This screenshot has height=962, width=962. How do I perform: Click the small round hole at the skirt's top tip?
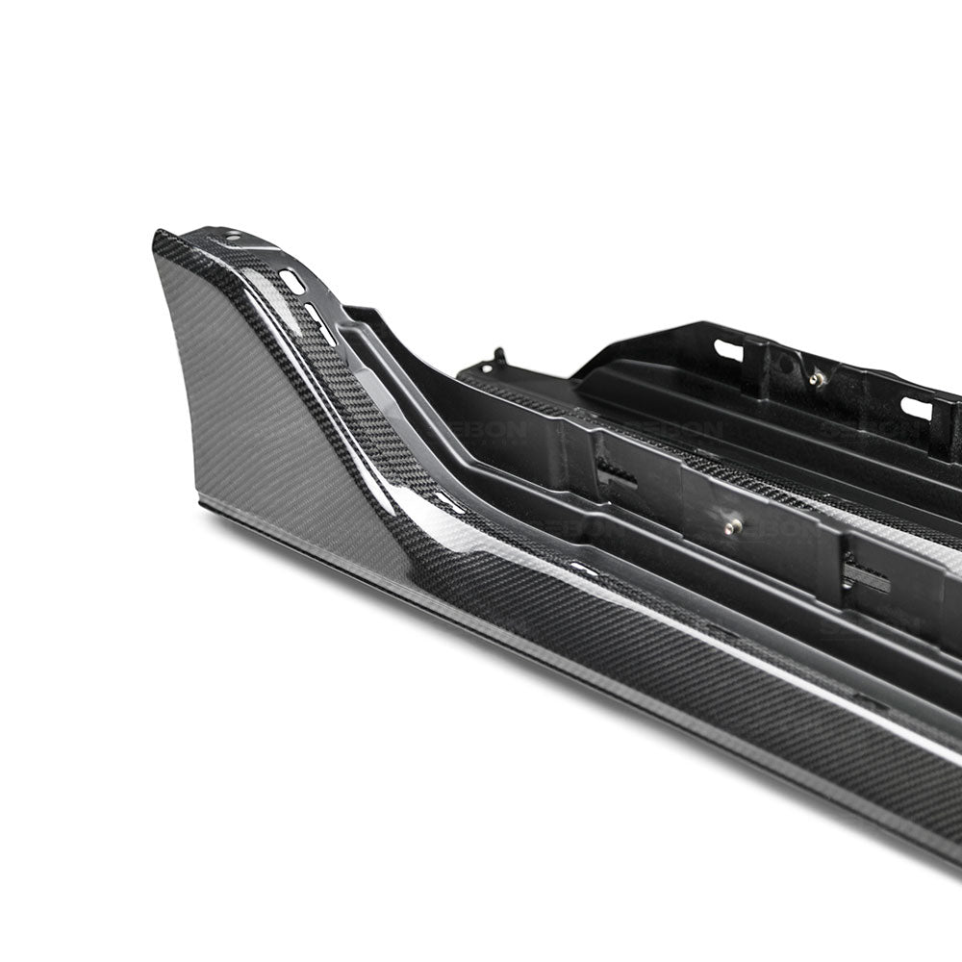click(234, 237)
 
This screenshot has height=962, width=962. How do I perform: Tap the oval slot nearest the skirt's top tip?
click(291, 282)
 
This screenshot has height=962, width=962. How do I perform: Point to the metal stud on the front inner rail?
click(733, 526)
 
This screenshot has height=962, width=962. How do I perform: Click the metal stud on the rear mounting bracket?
click(818, 378)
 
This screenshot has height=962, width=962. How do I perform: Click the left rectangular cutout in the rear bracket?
click(728, 350)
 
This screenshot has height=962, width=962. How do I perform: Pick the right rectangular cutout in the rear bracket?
click(916, 408)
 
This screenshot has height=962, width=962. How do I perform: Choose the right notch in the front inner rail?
click(864, 574)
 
